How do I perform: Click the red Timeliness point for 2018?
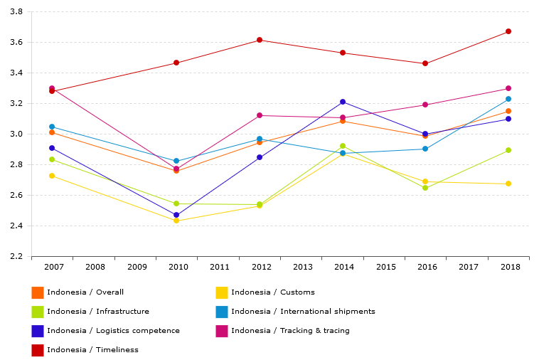pyautogui.click(x=508, y=31)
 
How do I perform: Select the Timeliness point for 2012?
pyautogui.click(x=260, y=40)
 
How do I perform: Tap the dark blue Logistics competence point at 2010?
pyautogui.click(x=176, y=215)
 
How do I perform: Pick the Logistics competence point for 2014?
pyautogui.click(x=343, y=102)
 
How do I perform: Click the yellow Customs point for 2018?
pyautogui.click(x=508, y=184)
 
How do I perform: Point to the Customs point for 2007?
pyautogui.click(x=52, y=176)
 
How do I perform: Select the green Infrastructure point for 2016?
pyautogui.click(x=425, y=188)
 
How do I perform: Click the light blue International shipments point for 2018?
pyautogui.click(x=508, y=99)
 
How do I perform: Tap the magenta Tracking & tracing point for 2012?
pyautogui.click(x=260, y=115)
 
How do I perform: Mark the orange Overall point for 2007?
pyautogui.click(x=52, y=132)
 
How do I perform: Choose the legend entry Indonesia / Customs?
pyautogui.click(x=272, y=292)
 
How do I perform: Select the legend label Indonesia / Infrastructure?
pyautogui.click(x=98, y=312)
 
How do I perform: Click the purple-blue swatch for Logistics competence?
pyautogui.click(x=38, y=331)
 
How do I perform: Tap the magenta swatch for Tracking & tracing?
pyautogui.click(x=222, y=331)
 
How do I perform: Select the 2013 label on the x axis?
pyautogui.click(x=303, y=268)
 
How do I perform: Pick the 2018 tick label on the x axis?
pyautogui.click(x=510, y=268)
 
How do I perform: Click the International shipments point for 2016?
pyautogui.click(x=425, y=149)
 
